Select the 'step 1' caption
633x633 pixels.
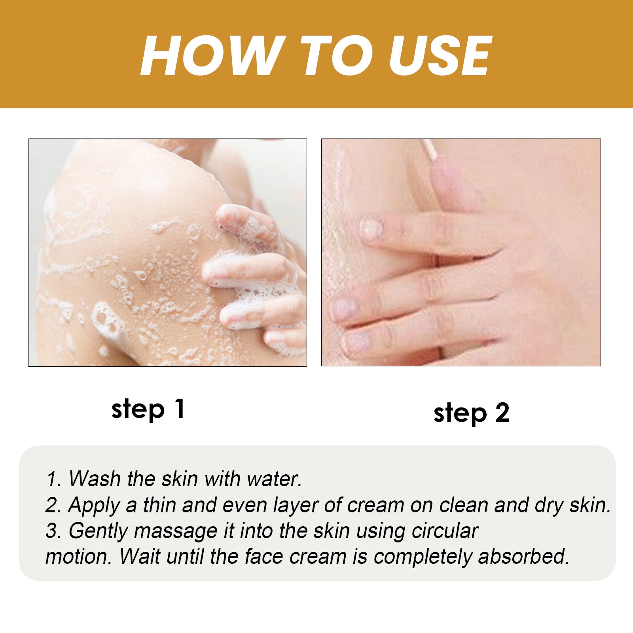click(148, 409)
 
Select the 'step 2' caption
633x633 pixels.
click(471, 413)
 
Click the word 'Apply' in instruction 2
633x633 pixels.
click(93, 505)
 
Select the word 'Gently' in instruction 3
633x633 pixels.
click(98, 531)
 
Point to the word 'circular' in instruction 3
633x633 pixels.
click(445, 531)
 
